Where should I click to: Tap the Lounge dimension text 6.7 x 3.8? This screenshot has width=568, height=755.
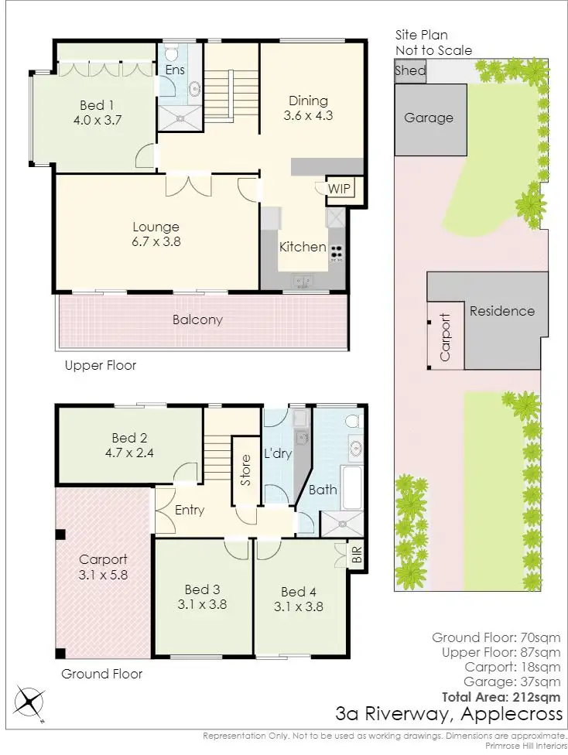tap(156, 241)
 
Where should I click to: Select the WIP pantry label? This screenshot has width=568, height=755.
tap(339, 189)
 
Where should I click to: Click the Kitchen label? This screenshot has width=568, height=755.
tap(303, 247)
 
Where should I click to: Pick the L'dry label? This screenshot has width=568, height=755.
tap(278, 453)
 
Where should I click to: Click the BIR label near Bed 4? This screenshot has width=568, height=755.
tap(357, 555)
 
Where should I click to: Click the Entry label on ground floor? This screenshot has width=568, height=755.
tap(190, 510)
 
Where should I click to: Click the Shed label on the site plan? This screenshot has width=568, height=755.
tap(410, 70)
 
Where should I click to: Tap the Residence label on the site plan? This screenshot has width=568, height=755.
tap(501, 311)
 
